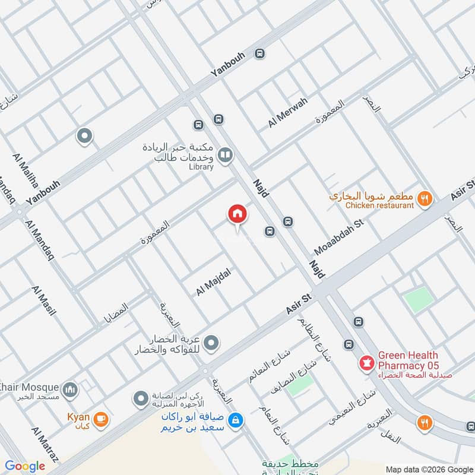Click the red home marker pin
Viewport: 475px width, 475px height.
[x=237, y=214]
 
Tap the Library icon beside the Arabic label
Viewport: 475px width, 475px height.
[x=225, y=156]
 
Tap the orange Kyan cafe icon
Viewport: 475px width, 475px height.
[x=101, y=419]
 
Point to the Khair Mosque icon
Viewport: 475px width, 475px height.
[x=71, y=389]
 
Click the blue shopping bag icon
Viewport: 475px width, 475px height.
[x=236, y=420]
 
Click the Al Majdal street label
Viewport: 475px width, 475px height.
[x=213, y=281]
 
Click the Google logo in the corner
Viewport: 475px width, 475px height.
[x=25, y=466]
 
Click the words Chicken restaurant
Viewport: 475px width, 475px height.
[x=379, y=205]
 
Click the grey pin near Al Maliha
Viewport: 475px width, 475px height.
[x=84, y=137]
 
